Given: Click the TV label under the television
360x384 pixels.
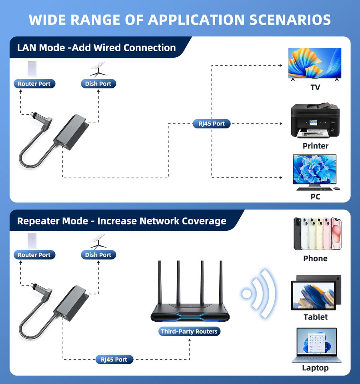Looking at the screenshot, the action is point(315,88).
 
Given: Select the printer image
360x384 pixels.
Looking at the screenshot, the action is point(315,120).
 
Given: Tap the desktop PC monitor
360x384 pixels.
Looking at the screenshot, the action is point(315,170).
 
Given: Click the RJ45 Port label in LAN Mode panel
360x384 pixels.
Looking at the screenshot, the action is point(212,124).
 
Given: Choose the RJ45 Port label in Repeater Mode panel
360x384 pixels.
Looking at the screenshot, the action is point(114,360).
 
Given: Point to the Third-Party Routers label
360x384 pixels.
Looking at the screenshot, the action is point(189,331).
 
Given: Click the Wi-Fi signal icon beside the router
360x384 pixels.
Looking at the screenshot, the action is point(258,294).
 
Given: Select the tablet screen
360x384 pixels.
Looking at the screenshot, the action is point(314,296).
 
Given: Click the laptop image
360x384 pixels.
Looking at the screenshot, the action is point(316,345).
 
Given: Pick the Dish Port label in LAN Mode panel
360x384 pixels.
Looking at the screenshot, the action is point(98,84).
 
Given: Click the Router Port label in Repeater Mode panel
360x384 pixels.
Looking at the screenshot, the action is point(34,255).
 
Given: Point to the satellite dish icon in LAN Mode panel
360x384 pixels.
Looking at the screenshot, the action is point(98,70).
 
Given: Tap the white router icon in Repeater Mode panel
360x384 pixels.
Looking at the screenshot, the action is point(32,241).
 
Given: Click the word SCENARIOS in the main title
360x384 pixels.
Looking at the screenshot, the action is point(290,20).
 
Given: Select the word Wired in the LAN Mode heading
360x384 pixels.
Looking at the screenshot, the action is point(107,48).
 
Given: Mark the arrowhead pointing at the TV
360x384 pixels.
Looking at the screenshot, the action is point(281,65).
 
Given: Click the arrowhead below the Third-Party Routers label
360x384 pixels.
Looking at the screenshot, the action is point(189,340).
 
